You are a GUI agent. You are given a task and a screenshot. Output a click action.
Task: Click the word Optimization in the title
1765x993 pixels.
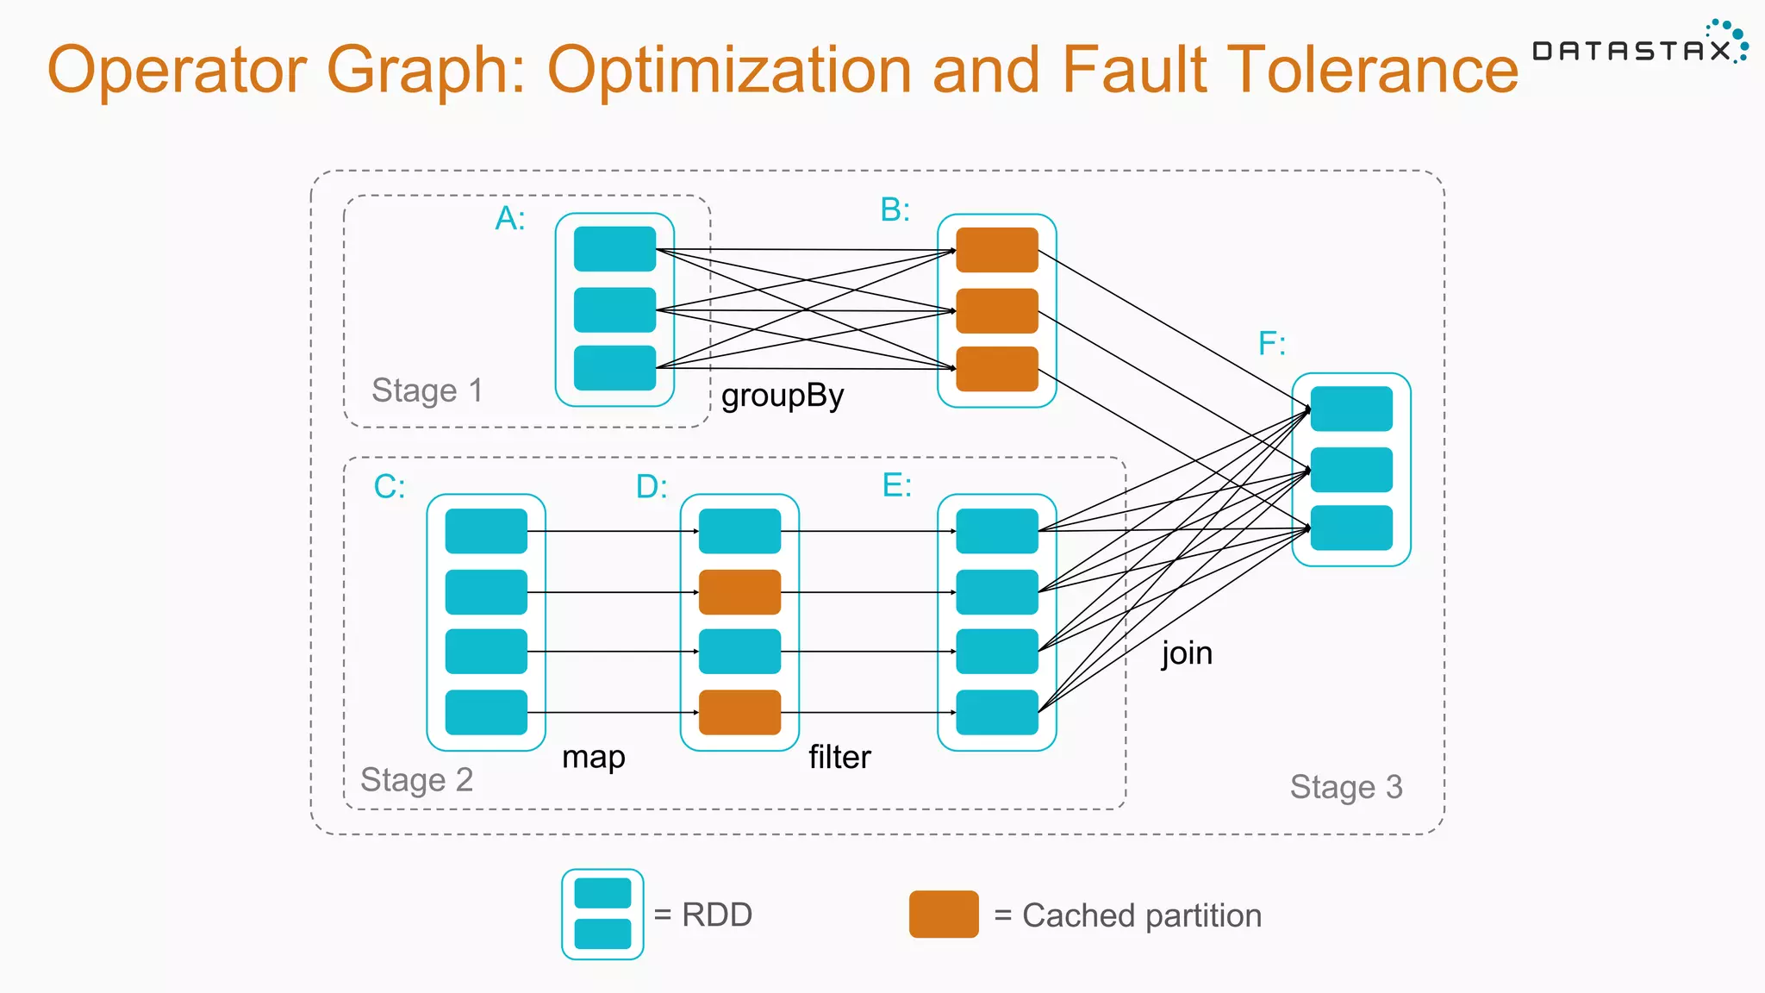point(729,69)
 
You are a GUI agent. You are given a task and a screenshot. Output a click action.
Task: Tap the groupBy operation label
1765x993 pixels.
point(783,396)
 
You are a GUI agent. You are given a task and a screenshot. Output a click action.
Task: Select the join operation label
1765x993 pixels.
point(1187,653)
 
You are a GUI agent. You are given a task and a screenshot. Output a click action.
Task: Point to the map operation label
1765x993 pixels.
point(593,757)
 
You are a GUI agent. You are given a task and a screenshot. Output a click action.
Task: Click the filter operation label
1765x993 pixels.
point(839,757)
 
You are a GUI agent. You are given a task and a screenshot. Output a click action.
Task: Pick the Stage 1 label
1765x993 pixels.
point(427,390)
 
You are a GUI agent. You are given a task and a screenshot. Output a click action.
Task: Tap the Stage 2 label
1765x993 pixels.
point(416,779)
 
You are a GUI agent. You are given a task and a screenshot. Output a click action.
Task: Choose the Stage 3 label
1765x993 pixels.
point(1346,787)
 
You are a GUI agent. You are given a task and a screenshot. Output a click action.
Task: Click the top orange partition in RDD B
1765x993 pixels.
point(997,250)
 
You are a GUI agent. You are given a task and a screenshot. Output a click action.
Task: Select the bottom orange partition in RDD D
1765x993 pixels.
point(739,712)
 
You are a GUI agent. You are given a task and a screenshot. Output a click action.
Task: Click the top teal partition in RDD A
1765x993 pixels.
point(614,249)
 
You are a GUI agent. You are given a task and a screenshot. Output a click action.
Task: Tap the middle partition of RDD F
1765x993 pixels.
point(1351,470)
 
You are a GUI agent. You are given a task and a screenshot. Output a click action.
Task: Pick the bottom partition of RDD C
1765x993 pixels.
point(486,712)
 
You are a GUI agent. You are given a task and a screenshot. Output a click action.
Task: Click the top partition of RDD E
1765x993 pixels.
point(997,531)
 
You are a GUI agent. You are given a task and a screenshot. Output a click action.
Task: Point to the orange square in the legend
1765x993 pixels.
point(944,915)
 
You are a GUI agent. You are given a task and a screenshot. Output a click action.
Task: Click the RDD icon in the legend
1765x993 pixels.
point(602,914)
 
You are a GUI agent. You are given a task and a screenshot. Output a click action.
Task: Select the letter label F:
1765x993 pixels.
point(1272,343)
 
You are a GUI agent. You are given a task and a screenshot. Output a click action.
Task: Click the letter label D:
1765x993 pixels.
point(652,486)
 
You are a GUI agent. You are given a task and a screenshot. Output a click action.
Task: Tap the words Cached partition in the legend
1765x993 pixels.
point(1141,915)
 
